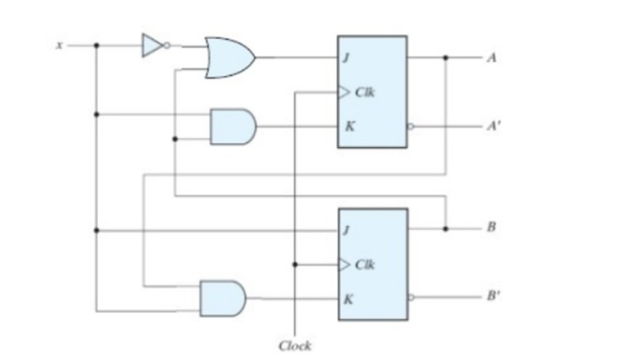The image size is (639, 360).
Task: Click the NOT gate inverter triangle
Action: click(151, 46)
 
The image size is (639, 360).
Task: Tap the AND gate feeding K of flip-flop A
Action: click(232, 126)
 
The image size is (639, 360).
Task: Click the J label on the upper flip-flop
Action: click(347, 58)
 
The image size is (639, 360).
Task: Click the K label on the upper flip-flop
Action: click(348, 126)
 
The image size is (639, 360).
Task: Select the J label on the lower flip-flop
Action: click(347, 230)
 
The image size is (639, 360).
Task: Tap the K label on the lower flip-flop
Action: click(348, 299)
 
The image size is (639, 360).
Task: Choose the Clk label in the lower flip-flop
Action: click(365, 264)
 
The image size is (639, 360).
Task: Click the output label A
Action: click(491, 58)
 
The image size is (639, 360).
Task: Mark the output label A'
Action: click(494, 127)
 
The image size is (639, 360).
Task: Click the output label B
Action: click(491, 228)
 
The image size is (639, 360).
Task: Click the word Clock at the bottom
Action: click(294, 346)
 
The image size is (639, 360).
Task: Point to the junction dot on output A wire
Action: click(446, 58)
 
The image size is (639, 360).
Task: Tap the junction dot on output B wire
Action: click(446, 228)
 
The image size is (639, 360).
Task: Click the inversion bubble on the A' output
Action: click(410, 127)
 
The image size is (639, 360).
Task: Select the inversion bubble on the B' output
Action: click(411, 298)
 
